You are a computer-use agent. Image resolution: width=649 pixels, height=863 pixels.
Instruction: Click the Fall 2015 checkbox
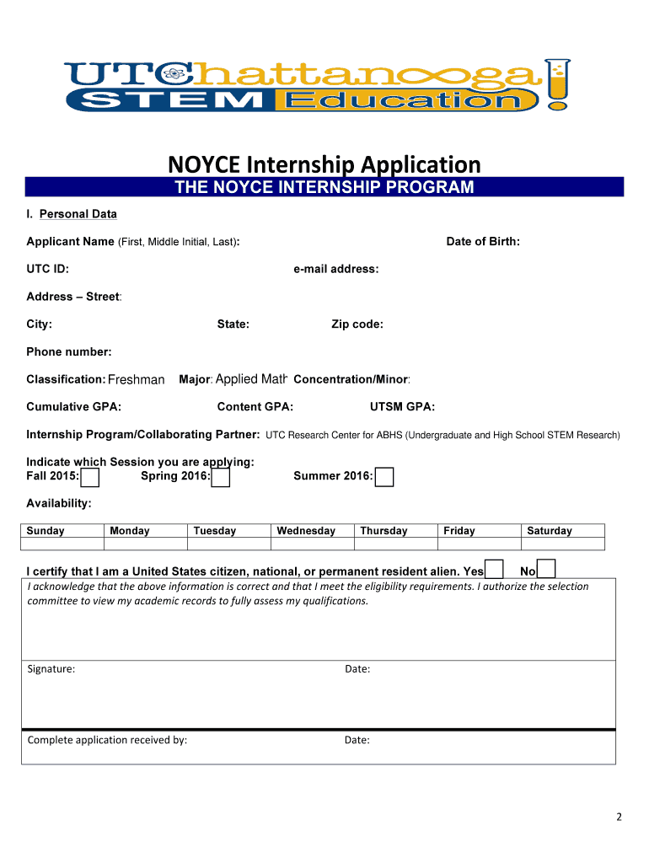pos(89,478)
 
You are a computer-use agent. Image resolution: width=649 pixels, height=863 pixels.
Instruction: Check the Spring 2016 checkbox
pos(221,478)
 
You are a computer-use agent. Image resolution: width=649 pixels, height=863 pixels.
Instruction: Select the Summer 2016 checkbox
pos(384,478)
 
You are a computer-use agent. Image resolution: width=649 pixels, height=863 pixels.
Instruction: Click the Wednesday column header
pos(306,531)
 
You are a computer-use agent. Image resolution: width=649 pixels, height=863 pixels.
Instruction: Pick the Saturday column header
pos(550,531)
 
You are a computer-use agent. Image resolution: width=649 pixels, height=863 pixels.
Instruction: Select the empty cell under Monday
pos(145,544)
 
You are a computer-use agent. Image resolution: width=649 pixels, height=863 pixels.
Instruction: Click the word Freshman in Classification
pos(137,380)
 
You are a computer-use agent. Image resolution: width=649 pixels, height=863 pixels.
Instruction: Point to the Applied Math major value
pos(252,380)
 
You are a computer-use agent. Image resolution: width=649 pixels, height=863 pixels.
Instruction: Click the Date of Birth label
pos(483,242)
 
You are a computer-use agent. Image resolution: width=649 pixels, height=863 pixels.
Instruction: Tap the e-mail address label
pos(336,270)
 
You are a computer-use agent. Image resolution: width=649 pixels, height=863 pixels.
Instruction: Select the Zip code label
pos(357,324)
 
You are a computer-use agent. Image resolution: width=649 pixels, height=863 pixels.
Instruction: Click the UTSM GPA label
pos(403,407)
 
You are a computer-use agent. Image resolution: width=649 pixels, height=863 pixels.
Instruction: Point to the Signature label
pos(51,669)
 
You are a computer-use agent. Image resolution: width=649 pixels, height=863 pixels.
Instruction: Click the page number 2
pos(619,817)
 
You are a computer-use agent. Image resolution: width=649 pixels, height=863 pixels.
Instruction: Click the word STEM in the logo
pos(174,101)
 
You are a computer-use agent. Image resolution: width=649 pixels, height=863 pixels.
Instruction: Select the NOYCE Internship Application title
pos(324,163)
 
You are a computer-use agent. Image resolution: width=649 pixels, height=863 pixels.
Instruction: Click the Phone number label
pos(69,351)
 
